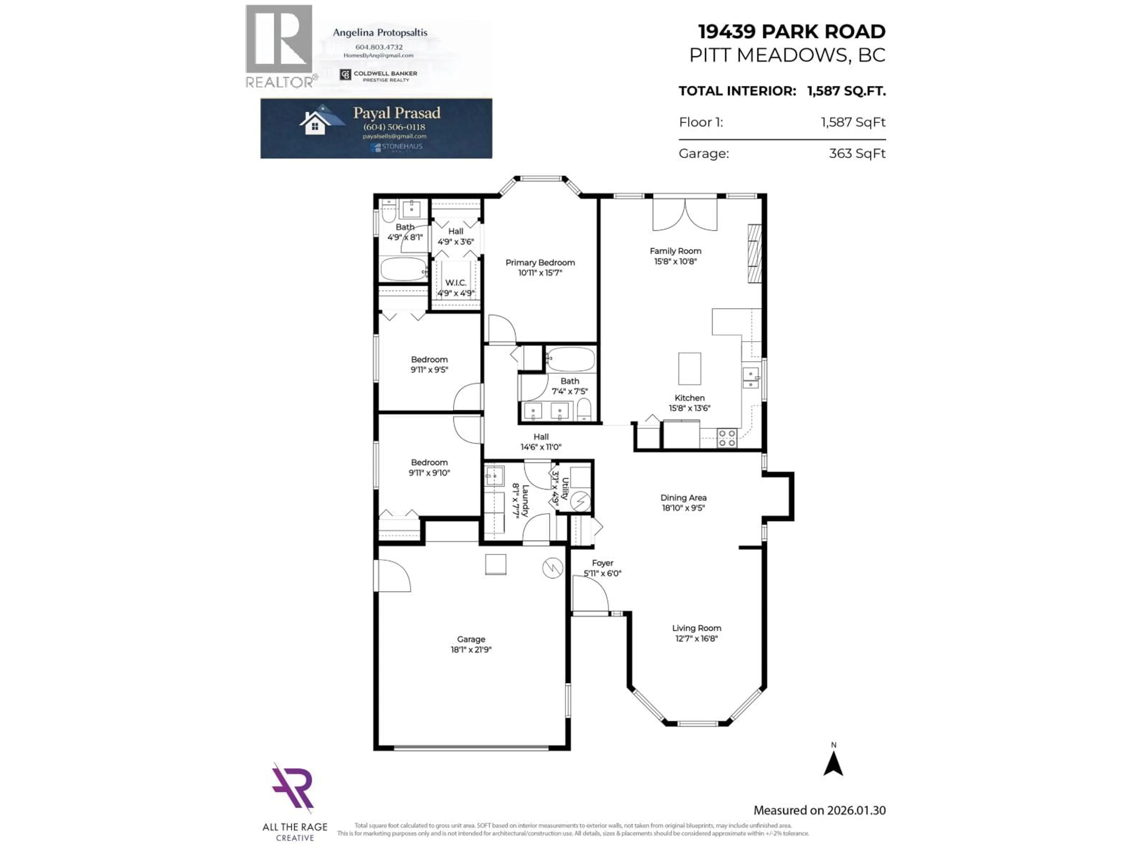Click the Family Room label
click(x=675, y=251)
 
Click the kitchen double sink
click(x=750, y=378)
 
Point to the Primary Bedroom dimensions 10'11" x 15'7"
click(x=540, y=273)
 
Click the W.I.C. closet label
click(x=455, y=282)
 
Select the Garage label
click(x=471, y=639)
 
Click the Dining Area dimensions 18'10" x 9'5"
click(x=683, y=508)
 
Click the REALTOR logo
click(x=280, y=47)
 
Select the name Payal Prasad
click(x=397, y=113)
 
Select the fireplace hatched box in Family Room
click(x=754, y=254)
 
